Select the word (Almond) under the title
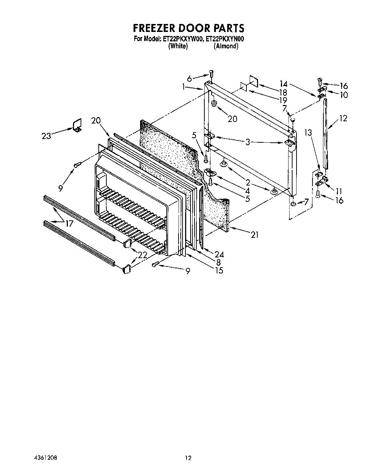pyautogui.click(x=226, y=46)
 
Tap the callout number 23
pyautogui.click(x=47, y=135)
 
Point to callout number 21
pyautogui.click(x=254, y=235)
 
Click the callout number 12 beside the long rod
pyautogui.click(x=343, y=118)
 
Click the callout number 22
pyautogui.click(x=142, y=255)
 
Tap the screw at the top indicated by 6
pyautogui.click(x=211, y=74)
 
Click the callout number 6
pyautogui.click(x=189, y=78)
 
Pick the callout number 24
pyautogui.click(x=219, y=255)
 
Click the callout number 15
pyautogui.click(x=218, y=270)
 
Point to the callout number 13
pyautogui.click(x=308, y=133)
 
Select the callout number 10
pyautogui.click(x=343, y=95)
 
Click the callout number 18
pyautogui.click(x=282, y=92)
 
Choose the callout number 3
pyautogui.click(x=248, y=142)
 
